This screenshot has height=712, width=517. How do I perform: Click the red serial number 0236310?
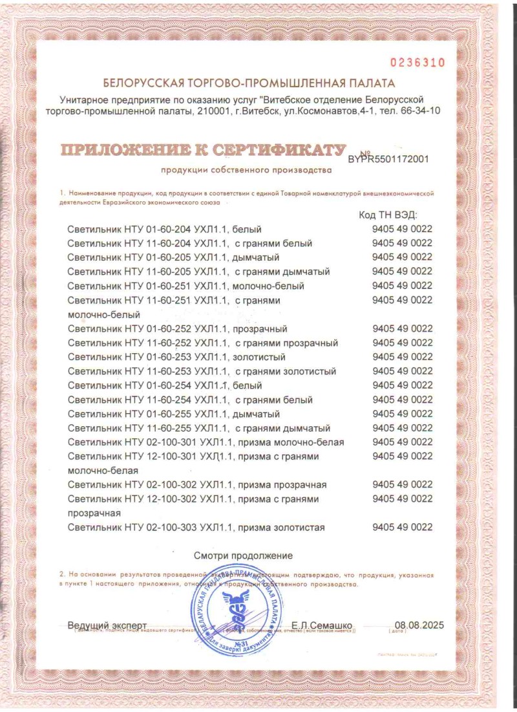click(417, 63)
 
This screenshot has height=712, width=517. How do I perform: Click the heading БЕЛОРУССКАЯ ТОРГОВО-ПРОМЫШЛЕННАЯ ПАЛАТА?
click(249, 83)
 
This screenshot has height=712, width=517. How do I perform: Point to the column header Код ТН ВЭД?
click(388, 214)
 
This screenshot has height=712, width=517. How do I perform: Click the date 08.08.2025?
click(420, 625)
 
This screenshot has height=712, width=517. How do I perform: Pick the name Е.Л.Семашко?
click(321, 625)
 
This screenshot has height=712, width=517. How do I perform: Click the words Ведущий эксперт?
click(107, 625)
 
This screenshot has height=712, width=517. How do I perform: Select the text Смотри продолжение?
click(243, 556)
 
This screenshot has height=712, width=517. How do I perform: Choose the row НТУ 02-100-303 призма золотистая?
click(196, 528)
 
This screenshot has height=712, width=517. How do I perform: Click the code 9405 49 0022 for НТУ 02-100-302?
click(402, 485)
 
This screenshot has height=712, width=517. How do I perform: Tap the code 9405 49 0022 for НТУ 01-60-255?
click(402, 414)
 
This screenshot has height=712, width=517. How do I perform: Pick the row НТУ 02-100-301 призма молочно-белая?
click(206, 442)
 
